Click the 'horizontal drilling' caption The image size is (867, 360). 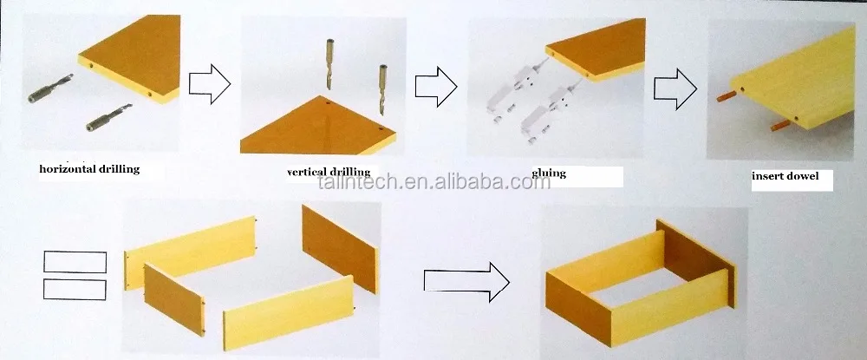[x=89, y=169]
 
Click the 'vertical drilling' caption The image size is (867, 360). [x=331, y=172]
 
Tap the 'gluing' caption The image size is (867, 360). [x=549, y=173]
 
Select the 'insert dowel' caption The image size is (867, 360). [x=785, y=176]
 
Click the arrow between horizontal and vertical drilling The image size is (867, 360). [x=210, y=83]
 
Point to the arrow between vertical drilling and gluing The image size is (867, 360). [x=436, y=86]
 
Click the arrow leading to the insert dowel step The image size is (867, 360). [x=675, y=88]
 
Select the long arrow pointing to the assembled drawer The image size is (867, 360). [x=466, y=281]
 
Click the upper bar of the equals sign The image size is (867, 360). [x=75, y=262]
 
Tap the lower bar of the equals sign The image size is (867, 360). [x=75, y=289]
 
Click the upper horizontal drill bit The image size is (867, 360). [x=51, y=88]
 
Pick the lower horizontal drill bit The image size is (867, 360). [x=109, y=117]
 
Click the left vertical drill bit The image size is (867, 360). [x=330, y=64]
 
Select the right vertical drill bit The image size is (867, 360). [x=383, y=89]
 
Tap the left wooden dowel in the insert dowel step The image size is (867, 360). [x=725, y=95]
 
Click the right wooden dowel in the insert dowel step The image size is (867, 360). [x=780, y=124]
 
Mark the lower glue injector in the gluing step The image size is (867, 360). [x=550, y=109]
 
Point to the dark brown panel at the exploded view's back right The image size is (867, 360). [x=340, y=249]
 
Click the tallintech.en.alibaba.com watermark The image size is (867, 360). [x=434, y=181]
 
